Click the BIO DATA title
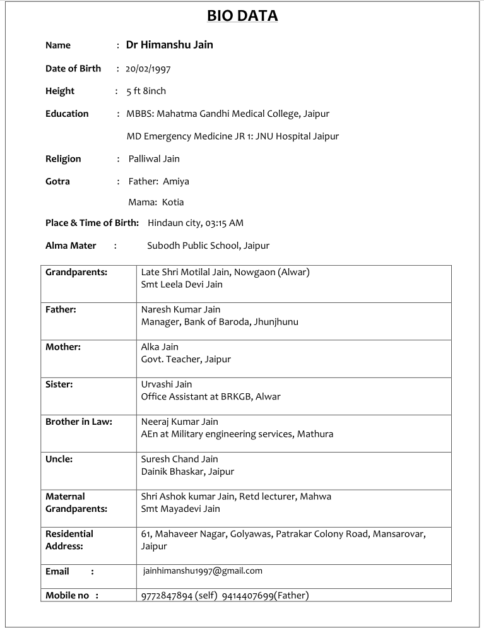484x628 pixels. coord(242,16)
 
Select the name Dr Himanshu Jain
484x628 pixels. coord(169,45)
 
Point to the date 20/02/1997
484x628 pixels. coord(148,69)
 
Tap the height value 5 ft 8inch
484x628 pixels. coord(146,91)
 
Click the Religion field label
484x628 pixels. coord(63,158)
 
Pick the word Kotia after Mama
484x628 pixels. coord(173,203)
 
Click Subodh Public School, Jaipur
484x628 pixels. coord(208,246)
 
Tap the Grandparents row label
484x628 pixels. coord(76,272)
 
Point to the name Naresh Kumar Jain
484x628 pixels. coord(180,310)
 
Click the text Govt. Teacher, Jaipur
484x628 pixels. coord(186,359)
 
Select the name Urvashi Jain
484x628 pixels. coord(167,384)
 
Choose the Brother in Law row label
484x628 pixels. coord(79,422)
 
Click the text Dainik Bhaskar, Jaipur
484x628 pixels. coord(187,471)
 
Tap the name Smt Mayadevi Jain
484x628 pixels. coord(180,509)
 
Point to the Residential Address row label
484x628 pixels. coord(69,540)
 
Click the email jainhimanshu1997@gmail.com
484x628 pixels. coord(203,571)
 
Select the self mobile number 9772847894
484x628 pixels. coord(167,595)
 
